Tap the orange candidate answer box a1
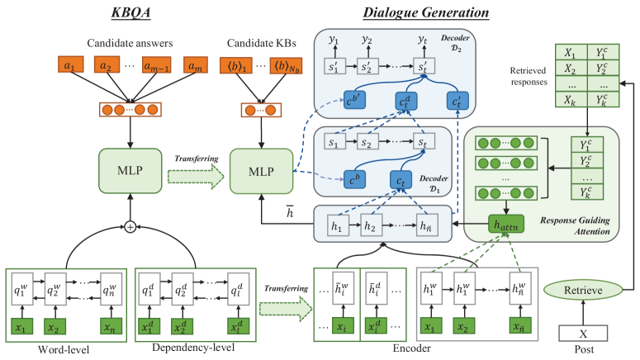[x=72, y=64]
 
